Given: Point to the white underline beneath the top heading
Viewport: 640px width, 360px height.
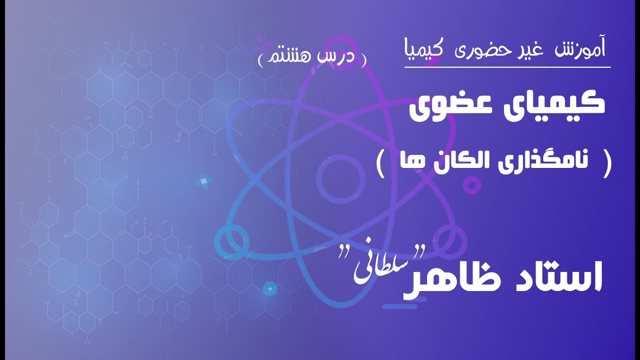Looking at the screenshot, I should [x=507, y=66].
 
